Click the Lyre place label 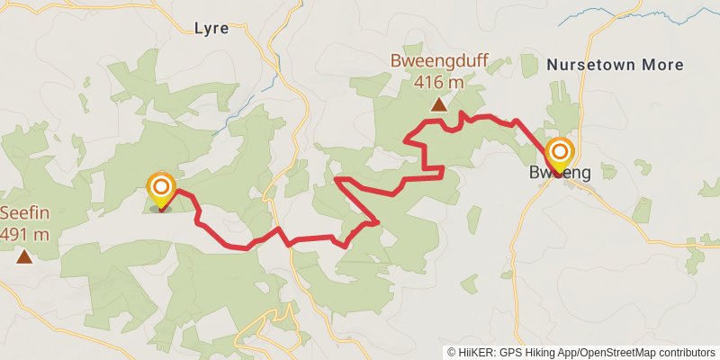(211, 28)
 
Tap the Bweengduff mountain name (438, 63)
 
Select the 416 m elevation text (438, 82)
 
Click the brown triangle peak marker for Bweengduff (438, 105)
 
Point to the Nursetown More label (615, 65)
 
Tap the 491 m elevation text (23, 235)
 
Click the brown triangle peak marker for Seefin (23, 257)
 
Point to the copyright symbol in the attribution (453, 353)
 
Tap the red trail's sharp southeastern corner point (378, 221)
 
